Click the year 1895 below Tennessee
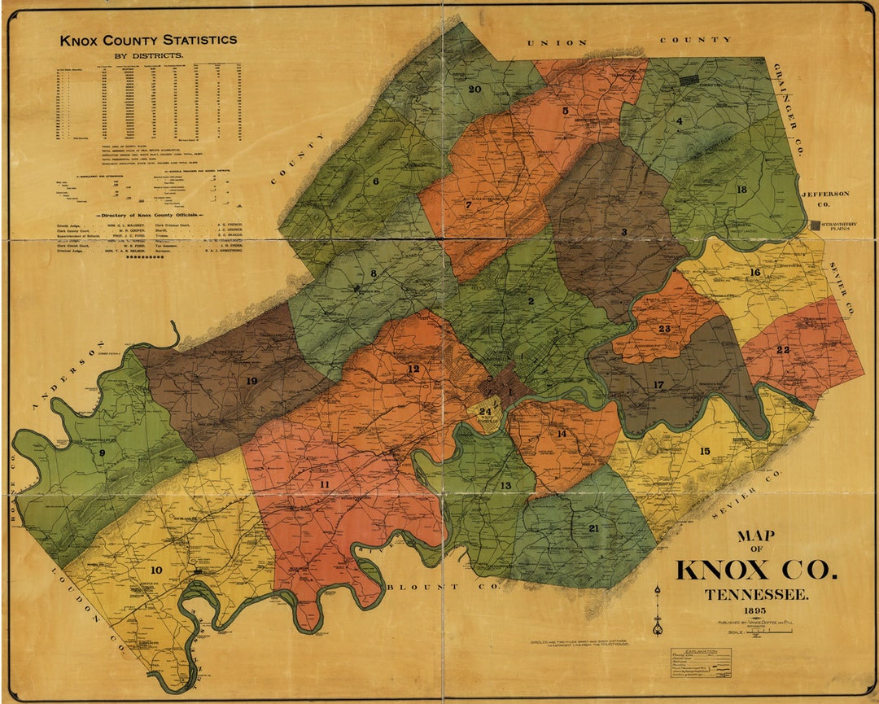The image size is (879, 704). tap(756, 610)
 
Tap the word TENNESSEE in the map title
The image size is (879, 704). tap(756, 595)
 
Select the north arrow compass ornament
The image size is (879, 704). tap(657, 610)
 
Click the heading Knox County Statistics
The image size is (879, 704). tap(148, 40)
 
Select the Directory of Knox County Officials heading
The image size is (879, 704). tap(149, 216)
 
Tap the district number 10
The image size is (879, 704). tap(155, 570)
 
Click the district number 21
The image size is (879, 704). tap(593, 528)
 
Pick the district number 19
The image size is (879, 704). tap(251, 380)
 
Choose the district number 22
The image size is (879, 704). tap(783, 349)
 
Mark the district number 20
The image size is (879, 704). tap(474, 89)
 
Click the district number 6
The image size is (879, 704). tap(376, 181)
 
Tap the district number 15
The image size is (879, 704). tap(704, 451)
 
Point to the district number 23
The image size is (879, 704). tap(664, 329)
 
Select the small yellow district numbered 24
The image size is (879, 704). tap(484, 411)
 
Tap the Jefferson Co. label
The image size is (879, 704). tap(825, 199)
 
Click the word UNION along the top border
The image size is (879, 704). tap(558, 42)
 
